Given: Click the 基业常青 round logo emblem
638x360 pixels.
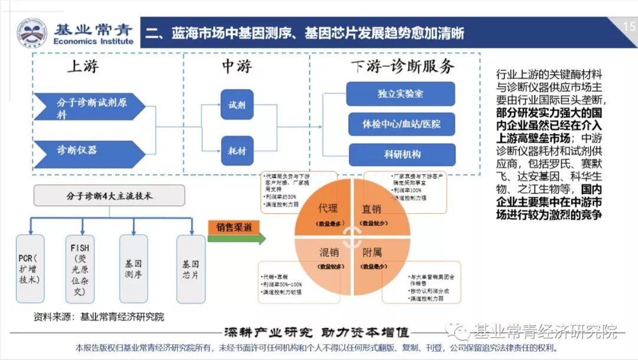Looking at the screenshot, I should click(x=31, y=33).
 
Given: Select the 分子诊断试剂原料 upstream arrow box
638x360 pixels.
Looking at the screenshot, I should click(x=86, y=107).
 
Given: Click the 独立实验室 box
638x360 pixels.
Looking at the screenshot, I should click(x=401, y=94).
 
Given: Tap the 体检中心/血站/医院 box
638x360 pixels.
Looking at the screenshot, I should click(x=401, y=125).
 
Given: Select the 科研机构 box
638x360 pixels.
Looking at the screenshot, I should click(x=401, y=154).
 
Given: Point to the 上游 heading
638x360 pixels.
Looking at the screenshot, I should click(x=83, y=66).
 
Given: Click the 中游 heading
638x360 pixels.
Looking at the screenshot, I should click(x=236, y=66).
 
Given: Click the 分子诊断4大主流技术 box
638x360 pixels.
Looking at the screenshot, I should click(x=109, y=196).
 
